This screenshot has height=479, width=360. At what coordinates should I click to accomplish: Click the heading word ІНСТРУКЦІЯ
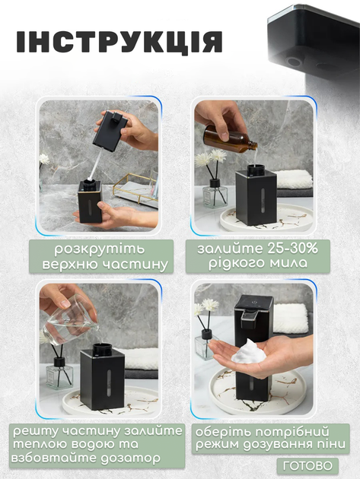coord(119,42)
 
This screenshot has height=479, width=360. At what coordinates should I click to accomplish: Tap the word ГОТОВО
coord(307,466)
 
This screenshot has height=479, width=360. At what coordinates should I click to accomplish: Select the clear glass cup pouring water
coord(69,322)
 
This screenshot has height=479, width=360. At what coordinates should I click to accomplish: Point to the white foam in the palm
coord(249,352)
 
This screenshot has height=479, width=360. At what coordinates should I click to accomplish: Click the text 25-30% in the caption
coord(292,249)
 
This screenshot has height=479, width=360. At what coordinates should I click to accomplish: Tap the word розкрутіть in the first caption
coord(100,249)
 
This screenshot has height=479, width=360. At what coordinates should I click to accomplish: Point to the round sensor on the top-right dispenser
coord(294,62)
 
